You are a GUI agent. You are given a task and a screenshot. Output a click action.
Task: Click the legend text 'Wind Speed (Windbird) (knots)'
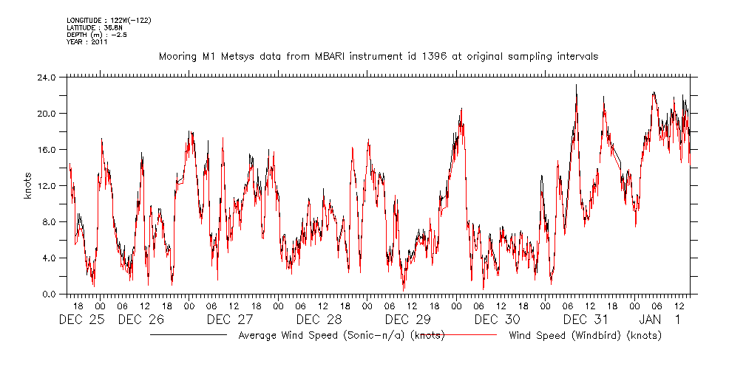tap(585, 336)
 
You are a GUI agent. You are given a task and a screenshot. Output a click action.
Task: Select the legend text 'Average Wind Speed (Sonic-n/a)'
tap(323, 336)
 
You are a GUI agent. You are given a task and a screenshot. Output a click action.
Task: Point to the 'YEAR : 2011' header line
tap(87, 41)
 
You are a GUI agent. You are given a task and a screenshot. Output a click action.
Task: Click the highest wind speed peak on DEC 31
tap(577, 86)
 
